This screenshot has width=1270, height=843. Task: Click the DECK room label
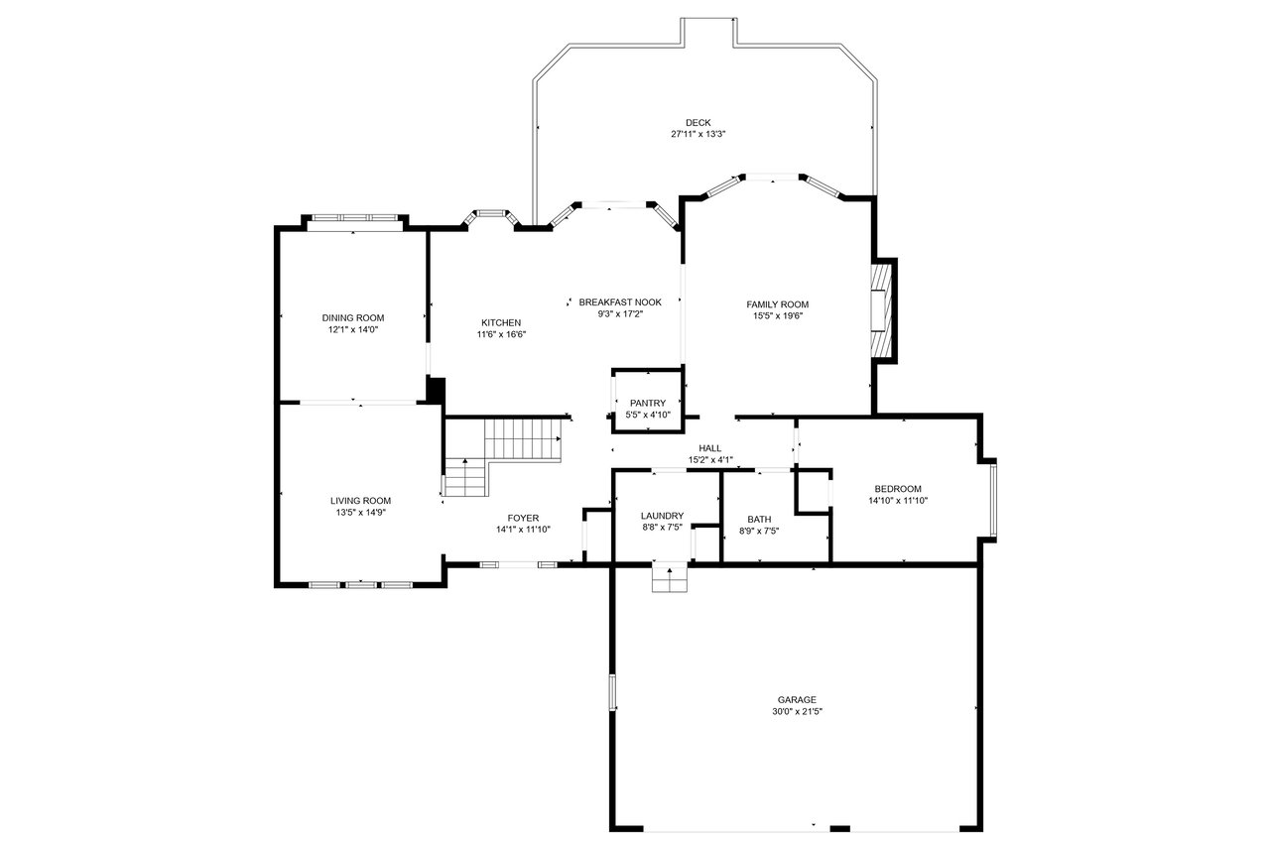tap(698, 122)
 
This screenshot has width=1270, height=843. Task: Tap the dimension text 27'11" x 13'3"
tap(698, 134)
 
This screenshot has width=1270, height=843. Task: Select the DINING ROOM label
tap(353, 317)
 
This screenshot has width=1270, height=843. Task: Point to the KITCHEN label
tap(501, 323)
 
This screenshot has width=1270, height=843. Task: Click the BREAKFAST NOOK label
tap(620, 301)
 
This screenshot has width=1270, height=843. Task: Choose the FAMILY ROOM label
tap(777, 304)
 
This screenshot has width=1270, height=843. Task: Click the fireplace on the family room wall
tap(884, 310)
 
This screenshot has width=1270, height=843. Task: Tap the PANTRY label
tap(648, 404)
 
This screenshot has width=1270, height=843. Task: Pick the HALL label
tap(709, 448)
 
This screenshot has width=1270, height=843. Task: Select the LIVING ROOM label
tap(360, 501)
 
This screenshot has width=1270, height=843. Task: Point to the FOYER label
tap(523, 518)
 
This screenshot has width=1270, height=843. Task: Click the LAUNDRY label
tap(662, 516)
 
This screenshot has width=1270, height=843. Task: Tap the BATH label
tap(759, 519)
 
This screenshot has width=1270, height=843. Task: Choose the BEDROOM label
tap(898, 489)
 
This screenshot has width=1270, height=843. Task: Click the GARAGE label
tap(797, 699)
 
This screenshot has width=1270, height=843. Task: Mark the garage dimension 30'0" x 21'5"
tap(797, 711)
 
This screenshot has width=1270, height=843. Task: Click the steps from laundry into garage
tap(670, 578)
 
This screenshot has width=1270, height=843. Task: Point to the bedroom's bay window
tap(993, 500)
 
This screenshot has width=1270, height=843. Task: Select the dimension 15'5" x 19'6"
tap(777, 316)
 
